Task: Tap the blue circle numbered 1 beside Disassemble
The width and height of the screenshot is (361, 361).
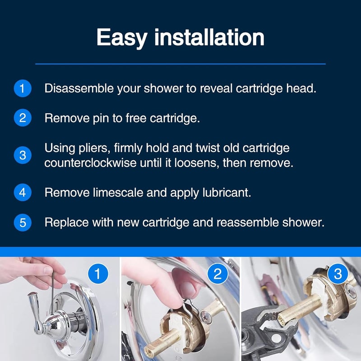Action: pyautogui.click(x=22, y=88)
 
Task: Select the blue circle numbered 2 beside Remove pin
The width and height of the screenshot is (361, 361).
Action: pyautogui.click(x=22, y=118)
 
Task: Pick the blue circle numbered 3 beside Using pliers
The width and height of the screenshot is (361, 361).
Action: pyautogui.click(x=22, y=155)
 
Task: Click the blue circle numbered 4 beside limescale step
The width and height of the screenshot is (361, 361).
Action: pyautogui.click(x=22, y=193)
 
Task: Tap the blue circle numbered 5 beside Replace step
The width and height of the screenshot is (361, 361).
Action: pyautogui.click(x=22, y=222)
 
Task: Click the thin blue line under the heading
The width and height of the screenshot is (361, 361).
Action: pyautogui.click(x=180, y=64)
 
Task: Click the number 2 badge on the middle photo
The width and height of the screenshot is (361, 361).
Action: pyautogui.click(x=218, y=274)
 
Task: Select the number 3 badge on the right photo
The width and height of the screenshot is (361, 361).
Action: pyautogui.click(x=338, y=274)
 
